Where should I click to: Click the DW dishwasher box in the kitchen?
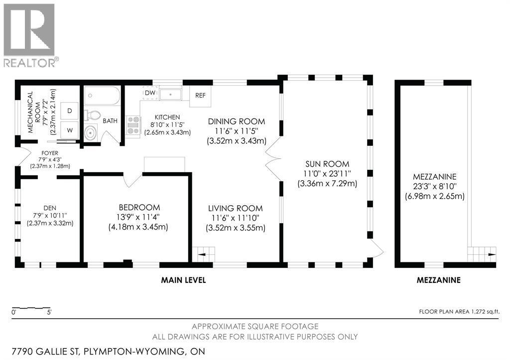[150, 93]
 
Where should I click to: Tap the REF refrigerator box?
[200, 96]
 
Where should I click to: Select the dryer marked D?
[69, 111]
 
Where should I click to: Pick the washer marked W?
[69, 130]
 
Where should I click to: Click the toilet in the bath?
[92, 115]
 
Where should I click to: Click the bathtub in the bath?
[102, 96]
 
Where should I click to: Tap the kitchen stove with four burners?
[133, 125]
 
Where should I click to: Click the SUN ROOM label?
[327, 164]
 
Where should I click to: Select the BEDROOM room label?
[139, 208]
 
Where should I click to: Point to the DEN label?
[50, 208]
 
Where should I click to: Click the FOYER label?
[50, 153]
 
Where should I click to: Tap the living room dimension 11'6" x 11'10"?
[236, 218]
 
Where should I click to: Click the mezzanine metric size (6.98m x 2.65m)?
[435, 196]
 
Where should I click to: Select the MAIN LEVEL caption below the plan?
[183, 280]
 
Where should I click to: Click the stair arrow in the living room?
[204, 254]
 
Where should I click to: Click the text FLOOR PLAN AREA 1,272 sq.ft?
[459, 312]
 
